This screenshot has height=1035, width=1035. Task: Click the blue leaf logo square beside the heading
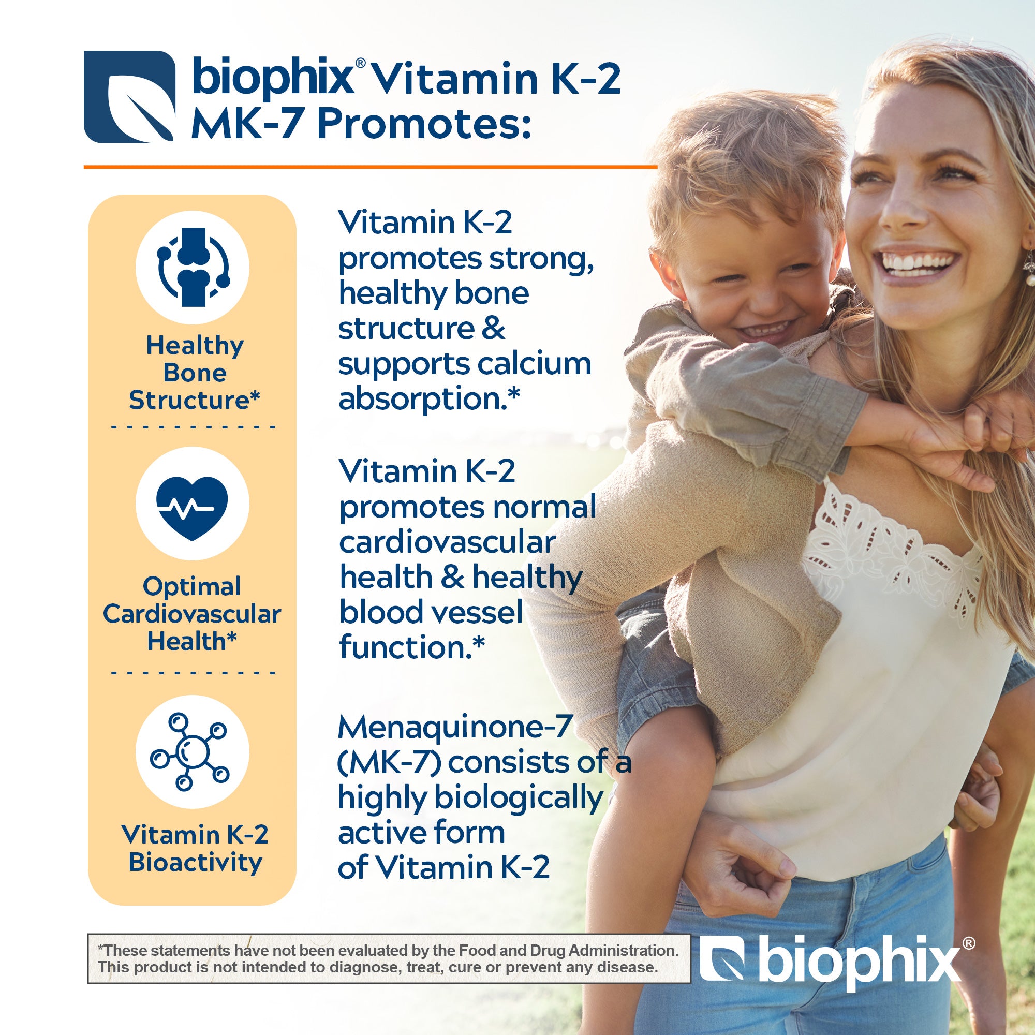tap(130, 97)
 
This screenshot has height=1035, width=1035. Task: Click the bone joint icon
tap(193, 267)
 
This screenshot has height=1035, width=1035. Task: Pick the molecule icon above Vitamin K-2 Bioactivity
tap(190, 751)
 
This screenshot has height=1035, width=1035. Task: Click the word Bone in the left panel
tap(195, 373)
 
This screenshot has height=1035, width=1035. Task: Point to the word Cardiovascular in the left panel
tap(192, 614)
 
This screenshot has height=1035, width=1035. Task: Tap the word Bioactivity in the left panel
tap(196, 863)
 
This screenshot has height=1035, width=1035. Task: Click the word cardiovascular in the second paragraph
tap(447, 543)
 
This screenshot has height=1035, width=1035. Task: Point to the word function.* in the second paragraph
tap(412, 647)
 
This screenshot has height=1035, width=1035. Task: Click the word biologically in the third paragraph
tap(519, 798)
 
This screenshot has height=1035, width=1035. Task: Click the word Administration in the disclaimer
tap(623, 950)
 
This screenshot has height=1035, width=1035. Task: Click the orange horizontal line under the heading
tap(370, 167)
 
